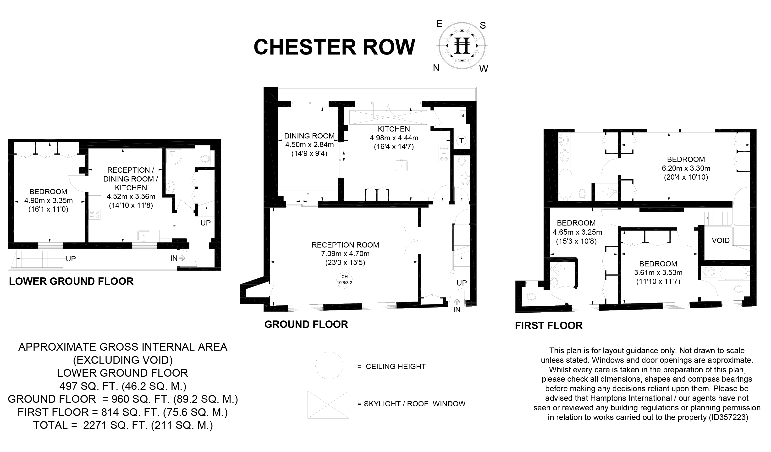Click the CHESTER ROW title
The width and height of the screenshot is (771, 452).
tap(334, 47)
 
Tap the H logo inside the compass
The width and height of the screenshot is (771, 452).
tap(462, 46)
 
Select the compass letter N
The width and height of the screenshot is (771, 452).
tap(436, 68)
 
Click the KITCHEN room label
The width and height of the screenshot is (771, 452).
tap(394, 129)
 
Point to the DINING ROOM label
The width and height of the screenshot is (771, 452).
tap(309, 136)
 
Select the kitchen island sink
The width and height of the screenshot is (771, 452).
tap(401, 165)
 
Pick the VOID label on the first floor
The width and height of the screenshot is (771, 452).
tap(721, 241)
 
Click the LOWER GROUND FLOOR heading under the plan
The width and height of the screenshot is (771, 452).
tap(71, 281)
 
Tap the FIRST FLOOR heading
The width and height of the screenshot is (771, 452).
tap(549, 326)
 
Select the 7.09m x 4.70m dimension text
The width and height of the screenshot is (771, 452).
tap(345, 254)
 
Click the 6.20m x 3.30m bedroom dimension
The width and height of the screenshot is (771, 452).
tap(686, 168)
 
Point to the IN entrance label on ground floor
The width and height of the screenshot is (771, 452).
tap(457, 310)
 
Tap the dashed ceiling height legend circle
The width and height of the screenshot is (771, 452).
tap(329, 365)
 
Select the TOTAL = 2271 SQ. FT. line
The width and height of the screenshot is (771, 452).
tap(123, 425)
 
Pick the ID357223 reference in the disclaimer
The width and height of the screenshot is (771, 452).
tap(728, 417)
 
